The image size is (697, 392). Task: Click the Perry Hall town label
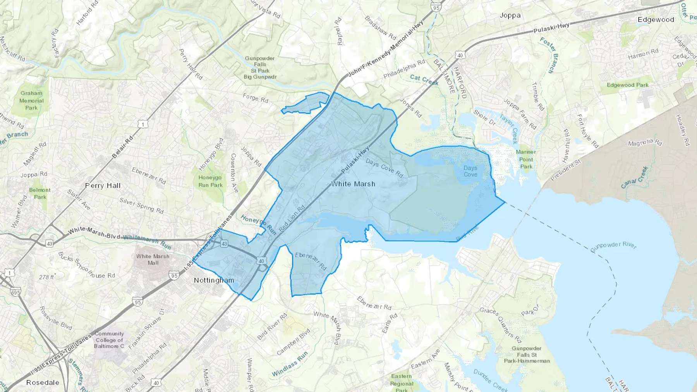coord(103,186)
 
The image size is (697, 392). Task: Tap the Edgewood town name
coord(656,20)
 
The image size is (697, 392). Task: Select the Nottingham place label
coord(214,280)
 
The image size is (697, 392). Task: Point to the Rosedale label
coord(43,382)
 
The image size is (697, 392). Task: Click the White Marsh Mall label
coord(153,259)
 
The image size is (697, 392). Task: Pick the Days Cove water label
coord(470,171)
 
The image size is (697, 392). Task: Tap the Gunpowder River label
coord(613,246)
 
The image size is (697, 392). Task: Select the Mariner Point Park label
coord(526,159)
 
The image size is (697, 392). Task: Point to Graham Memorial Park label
coord(31,100)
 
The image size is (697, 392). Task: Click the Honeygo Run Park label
coord(210,181)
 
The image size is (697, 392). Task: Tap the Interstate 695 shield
coord(15,292)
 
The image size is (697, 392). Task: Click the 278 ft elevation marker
coord(47,277)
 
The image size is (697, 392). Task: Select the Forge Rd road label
coord(255,98)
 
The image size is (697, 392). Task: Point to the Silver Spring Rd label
coord(141,205)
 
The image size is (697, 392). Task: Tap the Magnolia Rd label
coord(645,143)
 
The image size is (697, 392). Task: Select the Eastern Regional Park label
coord(402,383)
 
